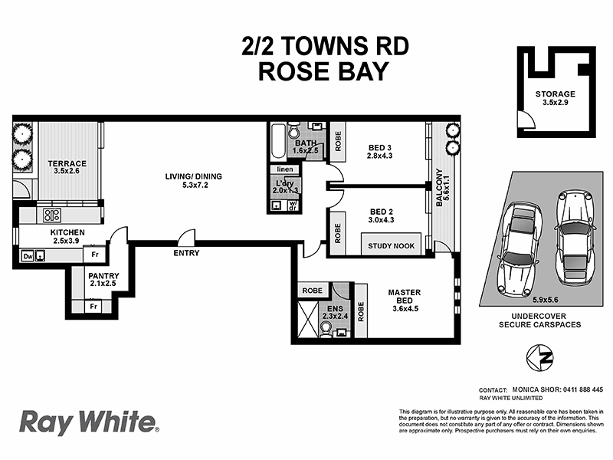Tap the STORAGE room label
click(555, 94)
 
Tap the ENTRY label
click(186, 253)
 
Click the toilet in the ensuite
click(326, 328)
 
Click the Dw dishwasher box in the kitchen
click(28, 256)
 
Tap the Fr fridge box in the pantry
click(93, 307)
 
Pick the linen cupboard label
click(284, 169)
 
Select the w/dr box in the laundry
click(293, 205)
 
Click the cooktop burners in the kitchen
click(52, 214)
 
